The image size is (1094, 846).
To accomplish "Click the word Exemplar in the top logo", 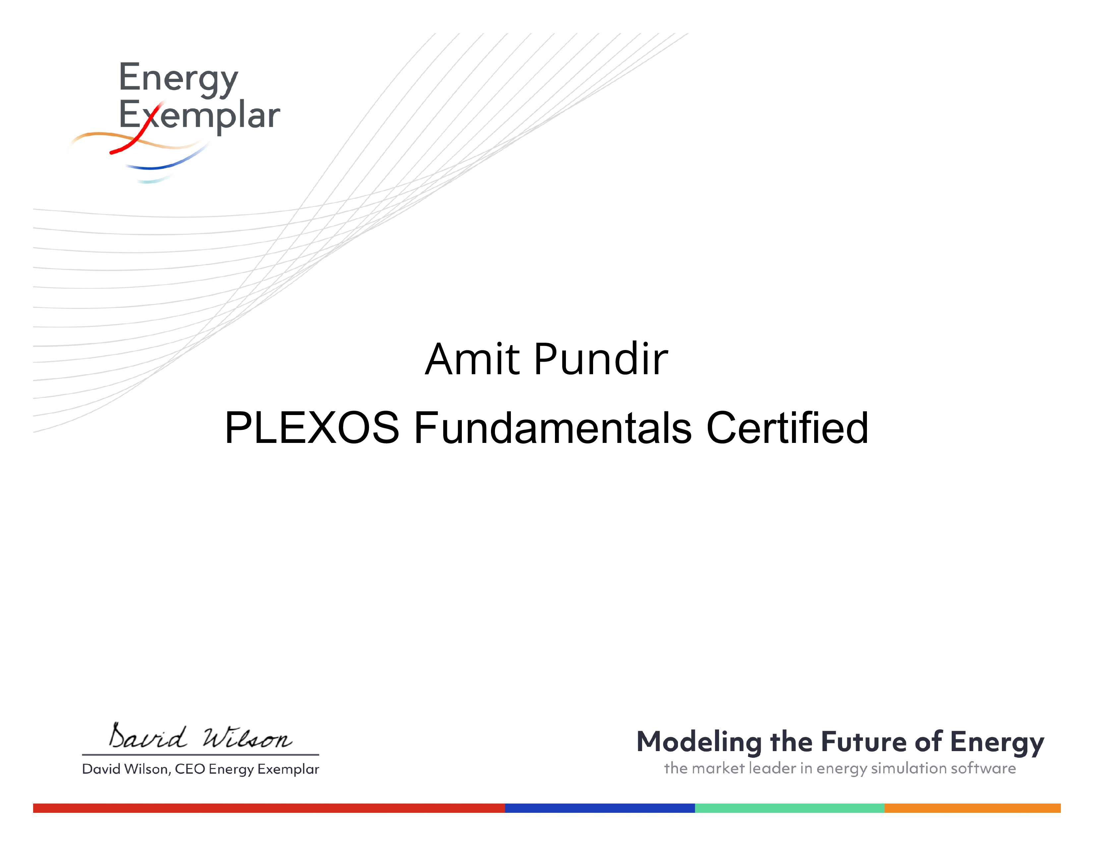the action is pos(199,116).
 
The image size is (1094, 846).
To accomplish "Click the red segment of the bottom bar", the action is pos(269,808).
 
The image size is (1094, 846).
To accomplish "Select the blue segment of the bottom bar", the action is pos(600,808).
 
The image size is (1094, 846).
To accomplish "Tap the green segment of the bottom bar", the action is pos(789,808).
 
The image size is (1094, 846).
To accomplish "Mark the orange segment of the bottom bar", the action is pos(973,808).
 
